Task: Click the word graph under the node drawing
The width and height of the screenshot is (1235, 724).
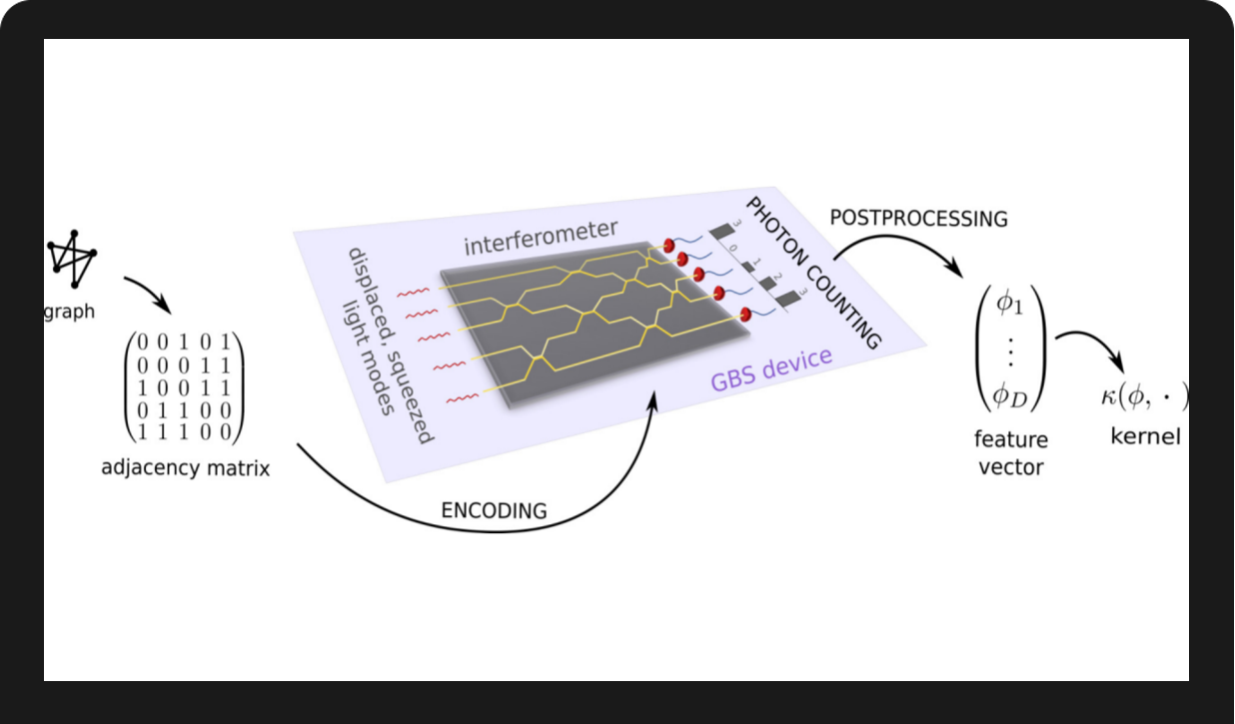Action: (x=70, y=311)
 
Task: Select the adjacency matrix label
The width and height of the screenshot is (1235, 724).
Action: (x=186, y=466)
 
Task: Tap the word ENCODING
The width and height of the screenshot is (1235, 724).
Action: (x=495, y=510)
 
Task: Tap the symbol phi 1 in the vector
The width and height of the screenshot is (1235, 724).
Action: (x=1010, y=305)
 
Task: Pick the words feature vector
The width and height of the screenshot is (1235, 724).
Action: (x=1010, y=451)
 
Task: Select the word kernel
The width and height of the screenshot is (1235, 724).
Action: (x=1145, y=436)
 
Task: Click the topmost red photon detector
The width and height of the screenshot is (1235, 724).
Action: (x=668, y=245)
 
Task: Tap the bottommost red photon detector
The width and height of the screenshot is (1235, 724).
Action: (x=744, y=317)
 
